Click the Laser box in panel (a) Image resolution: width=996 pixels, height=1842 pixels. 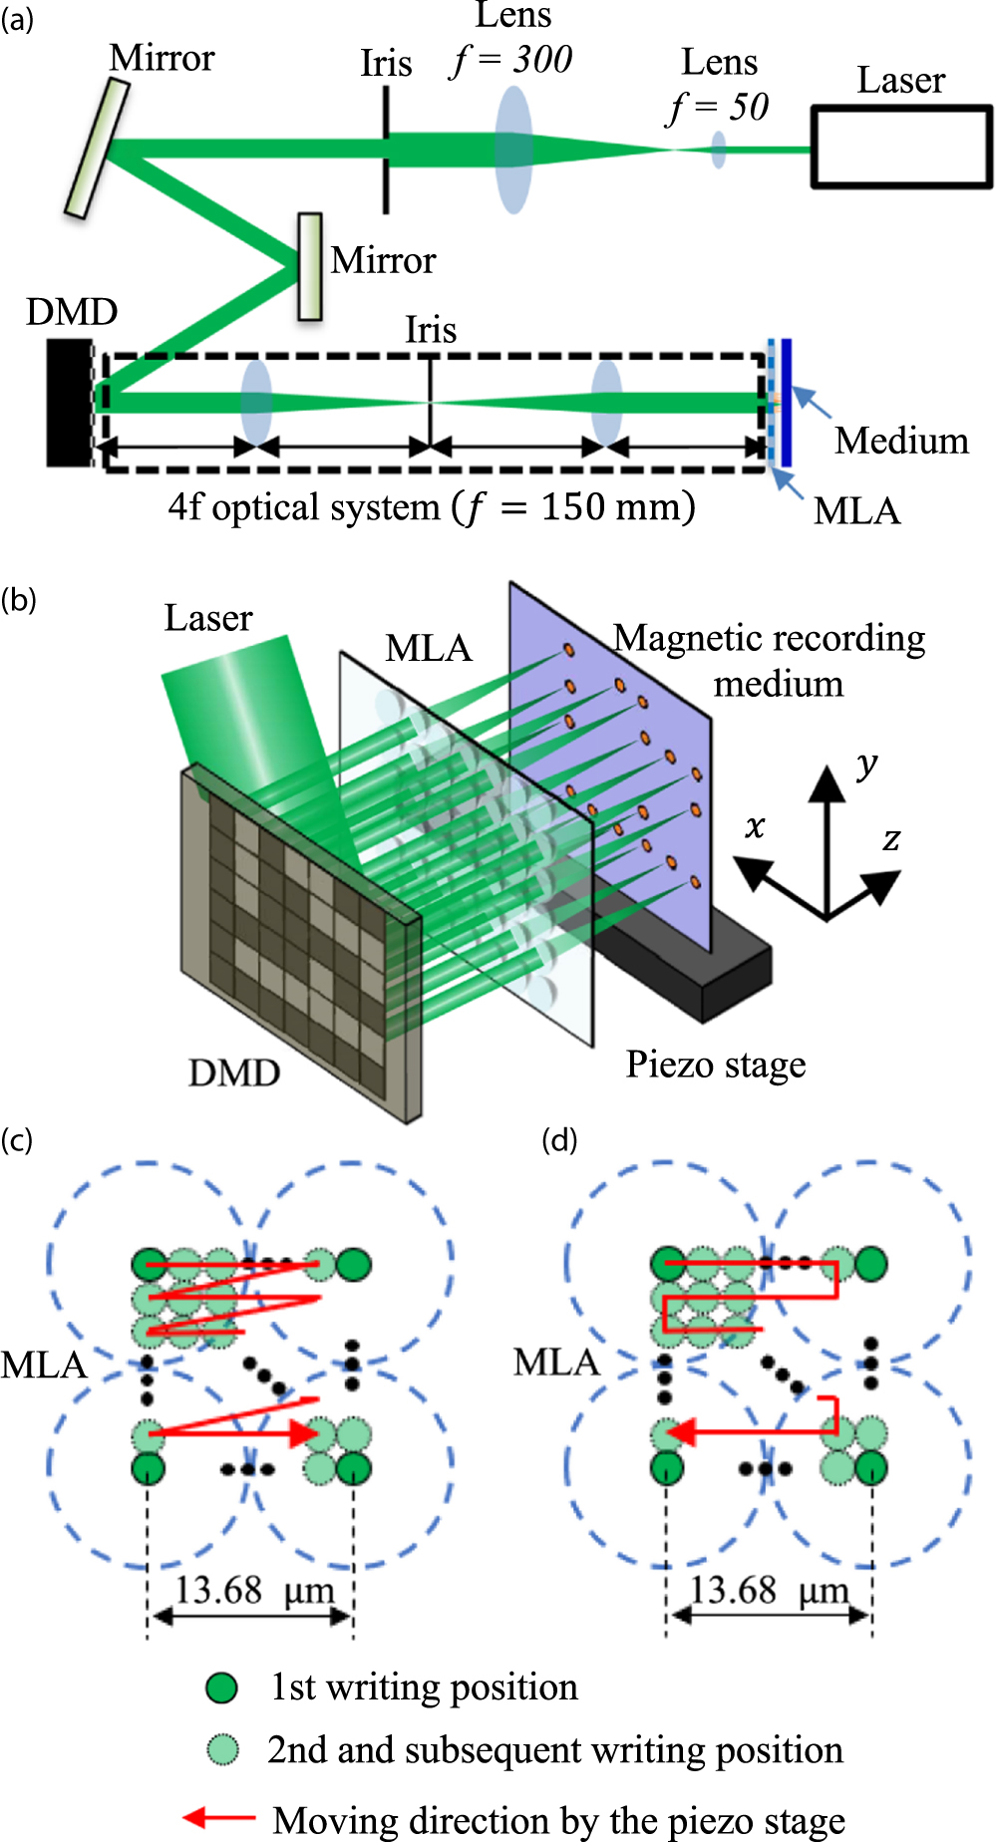tap(900, 147)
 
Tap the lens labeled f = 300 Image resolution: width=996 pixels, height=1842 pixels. tap(513, 150)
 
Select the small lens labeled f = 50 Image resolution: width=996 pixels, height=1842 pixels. tap(718, 150)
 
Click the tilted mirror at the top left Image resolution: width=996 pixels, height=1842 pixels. tap(98, 148)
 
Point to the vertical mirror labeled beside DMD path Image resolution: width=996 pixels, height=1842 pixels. tap(310, 266)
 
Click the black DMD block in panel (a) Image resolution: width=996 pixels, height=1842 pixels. tap(70, 403)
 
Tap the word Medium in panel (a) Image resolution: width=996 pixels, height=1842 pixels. tap(901, 441)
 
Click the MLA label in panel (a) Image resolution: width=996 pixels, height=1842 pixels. tap(856, 511)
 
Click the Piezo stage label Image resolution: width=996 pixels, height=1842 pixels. tap(715, 1065)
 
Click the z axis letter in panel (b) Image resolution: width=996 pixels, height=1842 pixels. tap(891, 839)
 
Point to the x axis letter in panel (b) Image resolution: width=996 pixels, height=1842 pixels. tap(755, 826)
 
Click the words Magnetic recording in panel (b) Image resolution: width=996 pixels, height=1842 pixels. tap(769, 638)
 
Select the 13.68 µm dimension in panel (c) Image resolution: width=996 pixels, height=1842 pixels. tap(253, 1589)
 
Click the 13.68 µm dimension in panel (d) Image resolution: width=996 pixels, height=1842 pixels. tap(769, 1589)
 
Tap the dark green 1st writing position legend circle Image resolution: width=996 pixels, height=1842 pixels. tap(221, 1688)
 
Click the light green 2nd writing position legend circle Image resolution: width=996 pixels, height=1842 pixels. tap(222, 1749)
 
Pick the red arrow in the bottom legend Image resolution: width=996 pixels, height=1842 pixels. tap(218, 1818)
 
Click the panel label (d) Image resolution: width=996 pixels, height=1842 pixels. tap(559, 1139)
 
